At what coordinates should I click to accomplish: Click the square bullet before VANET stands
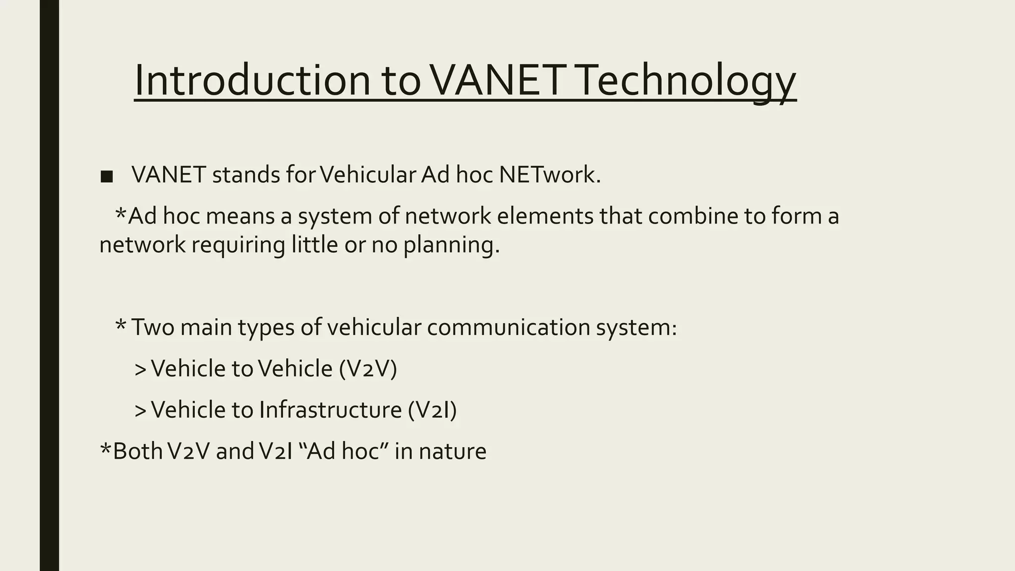(x=106, y=176)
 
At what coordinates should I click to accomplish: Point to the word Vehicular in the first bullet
(x=368, y=174)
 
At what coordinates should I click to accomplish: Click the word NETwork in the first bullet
(x=550, y=174)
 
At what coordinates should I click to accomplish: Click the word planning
(x=451, y=245)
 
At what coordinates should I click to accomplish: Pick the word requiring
(x=238, y=245)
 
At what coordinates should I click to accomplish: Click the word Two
(x=153, y=327)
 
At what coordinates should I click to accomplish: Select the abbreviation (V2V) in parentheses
(x=368, y=369)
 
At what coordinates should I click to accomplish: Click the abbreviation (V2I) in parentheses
(x=432, y=410)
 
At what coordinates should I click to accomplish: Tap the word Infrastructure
(x=330, y=410)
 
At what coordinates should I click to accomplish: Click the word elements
(x=545, y=216)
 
